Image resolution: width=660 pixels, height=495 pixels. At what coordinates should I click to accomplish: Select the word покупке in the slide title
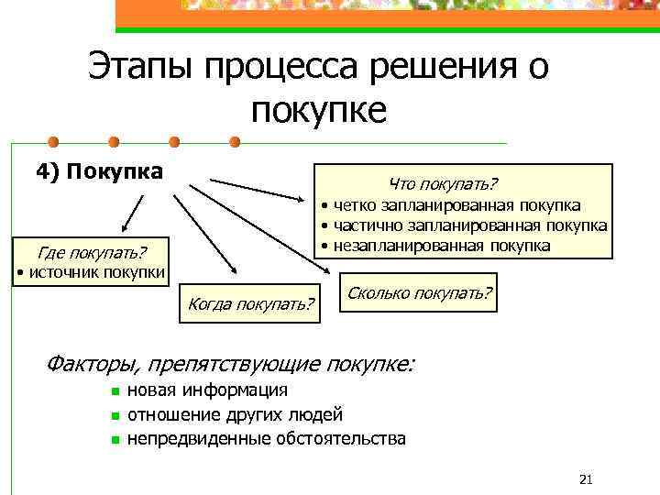coord(318,110)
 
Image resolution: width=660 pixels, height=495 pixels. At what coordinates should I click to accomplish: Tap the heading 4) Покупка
coord(99,171)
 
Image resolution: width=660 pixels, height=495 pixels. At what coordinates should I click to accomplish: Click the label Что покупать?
coord(443,184)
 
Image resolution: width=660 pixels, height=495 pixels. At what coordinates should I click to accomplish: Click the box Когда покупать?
coord(250,302)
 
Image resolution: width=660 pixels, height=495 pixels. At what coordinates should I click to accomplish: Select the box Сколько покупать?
coord(418,293)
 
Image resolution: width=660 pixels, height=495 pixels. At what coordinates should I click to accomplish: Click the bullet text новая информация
coord(207,391)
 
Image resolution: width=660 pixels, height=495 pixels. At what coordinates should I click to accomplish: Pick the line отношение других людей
coord(235,415)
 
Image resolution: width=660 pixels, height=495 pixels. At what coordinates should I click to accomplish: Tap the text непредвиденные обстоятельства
coord(266,438)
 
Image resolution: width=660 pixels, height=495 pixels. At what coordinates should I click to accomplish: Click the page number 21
coord(588,479)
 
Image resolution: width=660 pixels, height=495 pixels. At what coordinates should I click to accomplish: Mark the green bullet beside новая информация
coord(115,392)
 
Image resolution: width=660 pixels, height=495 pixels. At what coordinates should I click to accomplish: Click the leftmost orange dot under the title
coord(53,142)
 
